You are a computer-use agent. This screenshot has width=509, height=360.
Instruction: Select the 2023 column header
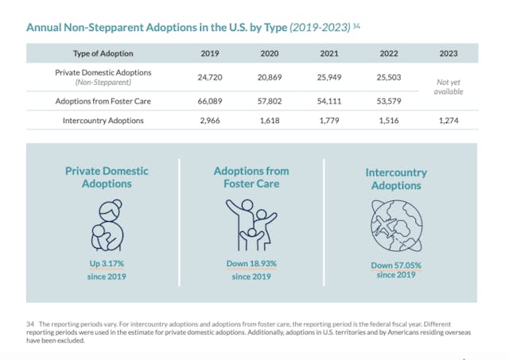[449, 54]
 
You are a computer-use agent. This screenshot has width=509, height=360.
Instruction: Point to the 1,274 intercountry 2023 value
[449, 120]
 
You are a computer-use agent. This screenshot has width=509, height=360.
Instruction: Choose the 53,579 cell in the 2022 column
[389, 102]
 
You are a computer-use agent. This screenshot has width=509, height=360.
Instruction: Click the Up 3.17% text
[107, 263]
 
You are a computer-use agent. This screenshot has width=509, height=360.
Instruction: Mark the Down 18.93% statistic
[251, 263]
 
